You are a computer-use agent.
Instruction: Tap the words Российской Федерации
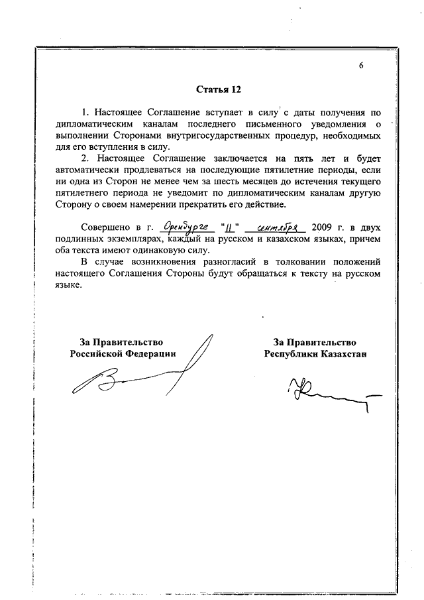(123, 354)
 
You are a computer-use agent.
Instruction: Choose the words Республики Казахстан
(315, 354)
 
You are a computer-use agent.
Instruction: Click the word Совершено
(103, 228)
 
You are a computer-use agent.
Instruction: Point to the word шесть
(213, 182)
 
